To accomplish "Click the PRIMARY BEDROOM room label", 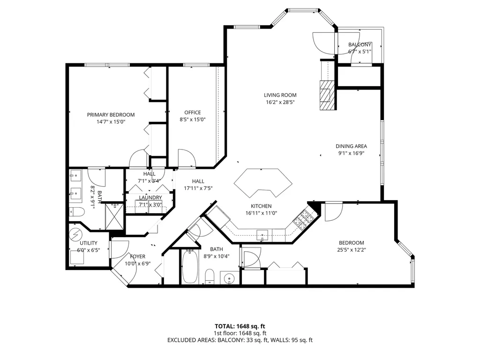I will (111, 114).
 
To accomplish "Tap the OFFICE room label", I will (192, 112).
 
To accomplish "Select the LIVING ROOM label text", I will (280, 95).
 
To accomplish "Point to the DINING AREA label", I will (351, 146).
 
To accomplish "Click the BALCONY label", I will (360, 45).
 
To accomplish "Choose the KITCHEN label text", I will (261, 206).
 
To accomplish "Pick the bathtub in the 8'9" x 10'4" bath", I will (190, 267).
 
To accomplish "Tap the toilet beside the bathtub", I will (210, 276).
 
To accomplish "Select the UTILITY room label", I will (88, 243).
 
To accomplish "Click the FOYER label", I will (137, 256).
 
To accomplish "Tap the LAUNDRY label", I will (150, 198).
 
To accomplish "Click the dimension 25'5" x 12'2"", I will (351, 249).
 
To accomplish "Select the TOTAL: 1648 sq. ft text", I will (240, 326).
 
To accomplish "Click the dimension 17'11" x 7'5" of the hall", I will (198, 188).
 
